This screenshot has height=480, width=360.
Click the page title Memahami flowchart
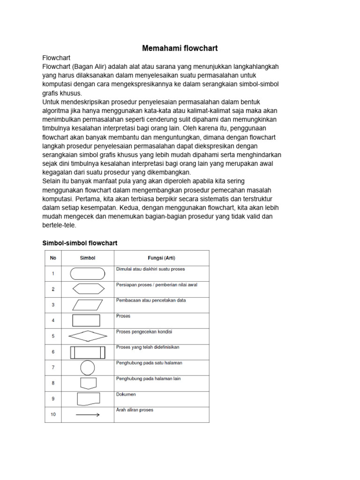[x=180, y=48]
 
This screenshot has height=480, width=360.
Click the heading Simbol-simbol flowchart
[x=80, y=243]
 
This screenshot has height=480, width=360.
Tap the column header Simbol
[x=88, y=258]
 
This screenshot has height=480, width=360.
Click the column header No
[x=53, y=258]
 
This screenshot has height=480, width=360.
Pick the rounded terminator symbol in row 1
[x=88, y=273]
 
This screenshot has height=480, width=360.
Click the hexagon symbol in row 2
[x=88, y=289]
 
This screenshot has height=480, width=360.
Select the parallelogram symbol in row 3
[x=88, y=305]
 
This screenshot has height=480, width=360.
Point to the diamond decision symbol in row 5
[x=88, y=336]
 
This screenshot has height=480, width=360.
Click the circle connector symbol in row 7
[x=88, y=367]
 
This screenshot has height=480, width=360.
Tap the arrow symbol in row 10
[x=88, y=414]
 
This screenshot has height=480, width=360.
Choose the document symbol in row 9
[x=88, y=399]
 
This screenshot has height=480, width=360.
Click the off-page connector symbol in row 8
[x=88, y=383]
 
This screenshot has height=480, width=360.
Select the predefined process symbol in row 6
[x=88, y=352]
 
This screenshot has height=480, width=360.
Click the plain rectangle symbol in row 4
[x=86, y=321]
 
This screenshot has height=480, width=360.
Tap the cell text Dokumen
[x=126, y=394]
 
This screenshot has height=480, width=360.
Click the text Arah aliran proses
[x=135, y=410]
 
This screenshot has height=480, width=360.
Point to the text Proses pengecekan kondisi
[x=144, y=332]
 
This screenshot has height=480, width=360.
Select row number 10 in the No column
[x=53, y=414]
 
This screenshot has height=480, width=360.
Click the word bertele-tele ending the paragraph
[x=59, y=225]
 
